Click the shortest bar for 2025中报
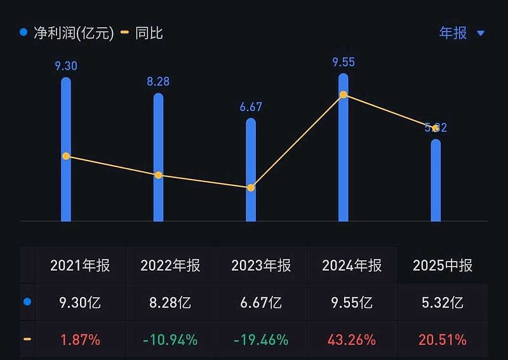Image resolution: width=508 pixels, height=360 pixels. pos(436,181)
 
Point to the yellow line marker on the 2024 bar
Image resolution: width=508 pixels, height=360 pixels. pos(344,95)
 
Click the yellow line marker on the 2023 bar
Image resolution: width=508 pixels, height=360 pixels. pos(251,187)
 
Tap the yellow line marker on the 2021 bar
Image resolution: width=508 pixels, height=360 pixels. pos(66,156)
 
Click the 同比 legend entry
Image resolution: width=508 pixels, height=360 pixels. pos(143,32)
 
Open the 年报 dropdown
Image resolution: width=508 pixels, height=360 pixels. pos(462,32)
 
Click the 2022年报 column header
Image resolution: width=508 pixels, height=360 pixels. pos(171,265)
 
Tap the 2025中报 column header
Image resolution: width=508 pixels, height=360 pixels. pos(443,265)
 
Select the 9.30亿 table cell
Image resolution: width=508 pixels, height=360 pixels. pos(80,302)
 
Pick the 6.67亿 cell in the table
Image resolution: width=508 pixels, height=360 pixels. pos(261,302)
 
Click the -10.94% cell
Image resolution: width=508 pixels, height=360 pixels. pos(171,340)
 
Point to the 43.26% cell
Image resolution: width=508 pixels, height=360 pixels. pos(352,340)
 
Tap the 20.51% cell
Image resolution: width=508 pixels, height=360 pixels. pos(443,340)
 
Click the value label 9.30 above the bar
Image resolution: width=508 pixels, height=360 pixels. pos(66,65)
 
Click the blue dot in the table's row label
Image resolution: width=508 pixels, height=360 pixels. pos(27,302)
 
